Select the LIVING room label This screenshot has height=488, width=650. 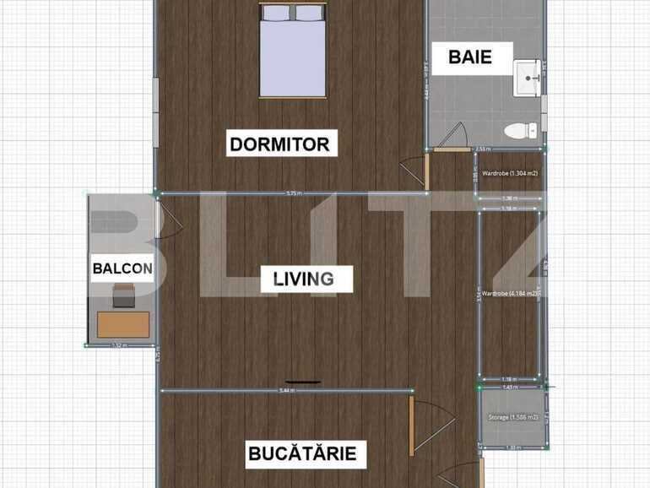tap(303, 279)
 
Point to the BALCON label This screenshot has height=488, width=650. tap(122, 269)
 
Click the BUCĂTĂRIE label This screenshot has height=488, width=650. tap(302, 453)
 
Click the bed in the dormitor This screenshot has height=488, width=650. tap(292, 51)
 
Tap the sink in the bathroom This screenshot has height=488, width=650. tap(528, 78)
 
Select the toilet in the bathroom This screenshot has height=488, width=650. tap(518, 130)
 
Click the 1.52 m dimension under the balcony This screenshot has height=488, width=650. tap(119, 344)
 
